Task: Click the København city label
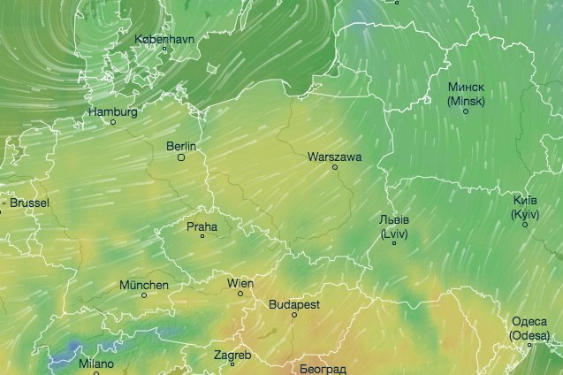point(164,39)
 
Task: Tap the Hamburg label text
point(113,112)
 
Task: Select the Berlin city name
point(181,146)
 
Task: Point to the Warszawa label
point(334,157)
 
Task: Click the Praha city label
point(202,226)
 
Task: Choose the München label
point(143,285)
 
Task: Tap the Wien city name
point(240,283)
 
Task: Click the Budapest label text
point(294,303)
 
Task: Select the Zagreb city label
point(232,355)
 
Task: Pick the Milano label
point(95,364)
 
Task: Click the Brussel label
point(29,203)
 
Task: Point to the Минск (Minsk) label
point(466,94)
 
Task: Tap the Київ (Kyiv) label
point(525,207)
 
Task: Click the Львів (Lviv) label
point(393,226)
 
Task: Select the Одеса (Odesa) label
point(529,328)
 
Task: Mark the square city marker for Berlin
point(181,158)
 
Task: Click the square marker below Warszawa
point(335,167)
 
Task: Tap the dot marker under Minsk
point(466,111)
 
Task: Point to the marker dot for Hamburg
point(112,122)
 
